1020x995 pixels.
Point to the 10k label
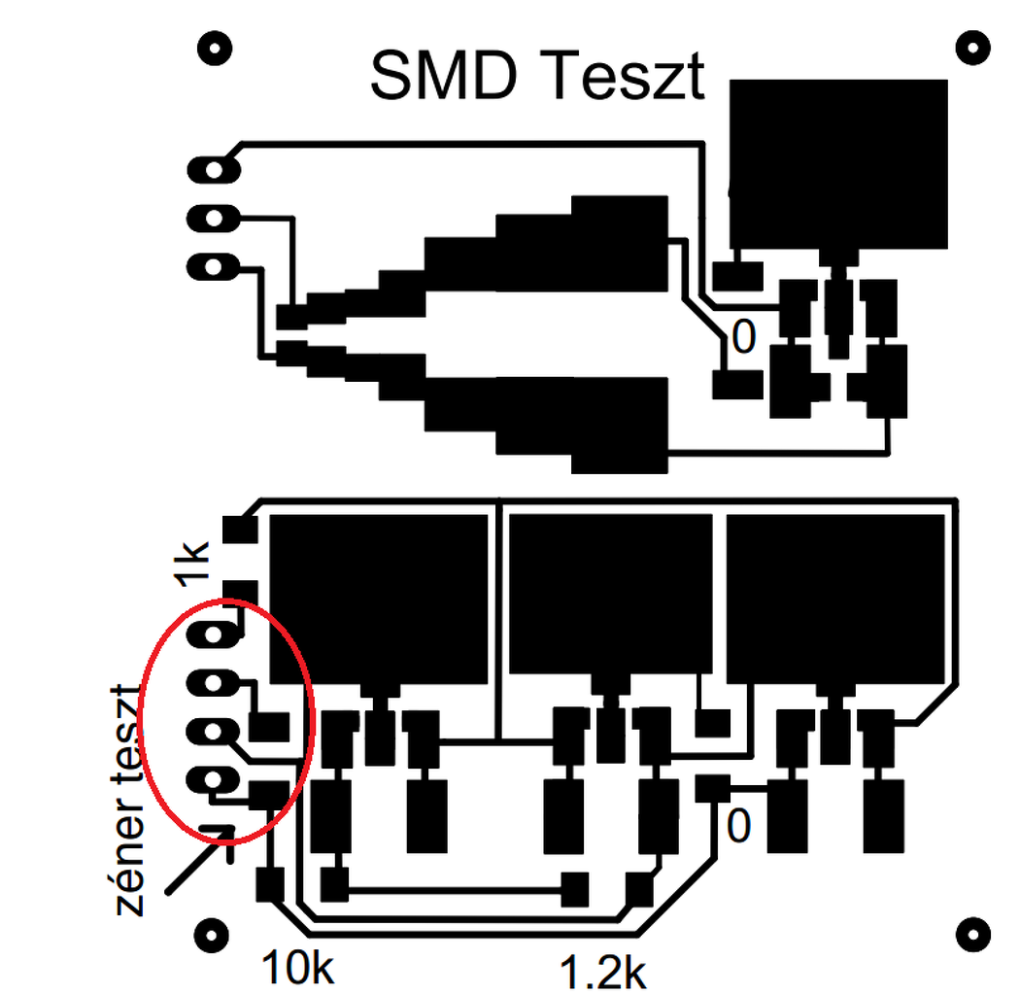coord(297,967)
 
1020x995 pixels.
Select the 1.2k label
coord(601,971)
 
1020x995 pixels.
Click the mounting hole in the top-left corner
coord(215,46)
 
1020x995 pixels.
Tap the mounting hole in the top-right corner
coord(973,46)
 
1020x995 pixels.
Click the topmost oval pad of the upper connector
coord(214,169)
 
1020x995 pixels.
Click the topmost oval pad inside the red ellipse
coord(214,636)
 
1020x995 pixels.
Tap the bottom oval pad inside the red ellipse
coord(214,779)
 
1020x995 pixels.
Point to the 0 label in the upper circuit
coord(742,337)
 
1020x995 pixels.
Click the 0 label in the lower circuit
coord(739,826)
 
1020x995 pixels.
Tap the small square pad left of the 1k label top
coord(239,530)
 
